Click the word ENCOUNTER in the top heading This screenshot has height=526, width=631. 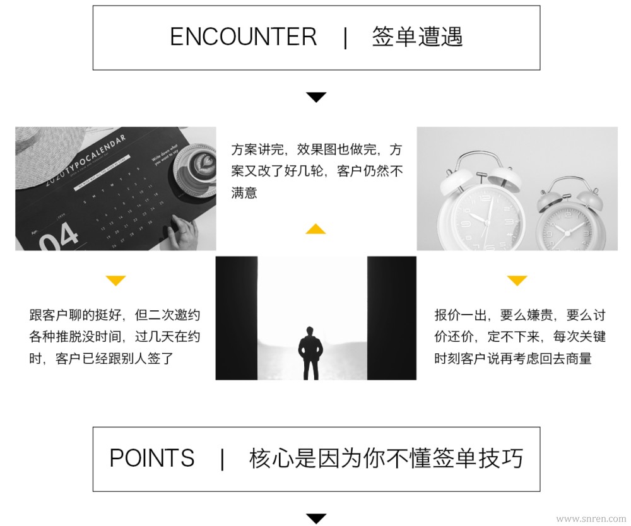tap(244, 37)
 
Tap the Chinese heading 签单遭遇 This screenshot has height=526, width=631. tap(417, 37)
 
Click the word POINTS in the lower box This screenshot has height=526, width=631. tap(152, 458)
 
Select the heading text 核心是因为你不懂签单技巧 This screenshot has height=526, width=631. tap(386, 458)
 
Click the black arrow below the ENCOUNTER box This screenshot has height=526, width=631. tap(316, 96)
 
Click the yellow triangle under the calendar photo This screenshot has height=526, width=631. tap(116, 280)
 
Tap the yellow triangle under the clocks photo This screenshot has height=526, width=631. tap(517, 280)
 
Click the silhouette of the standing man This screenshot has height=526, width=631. tap(310, 353)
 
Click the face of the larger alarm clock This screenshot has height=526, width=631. tap(481, 219)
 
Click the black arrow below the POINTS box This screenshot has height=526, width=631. tap(316, 518)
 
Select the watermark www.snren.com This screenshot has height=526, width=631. tap(591, 519)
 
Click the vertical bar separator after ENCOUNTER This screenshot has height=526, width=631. tap(345, 37)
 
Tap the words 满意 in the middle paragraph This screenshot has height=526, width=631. tap(244, 192)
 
